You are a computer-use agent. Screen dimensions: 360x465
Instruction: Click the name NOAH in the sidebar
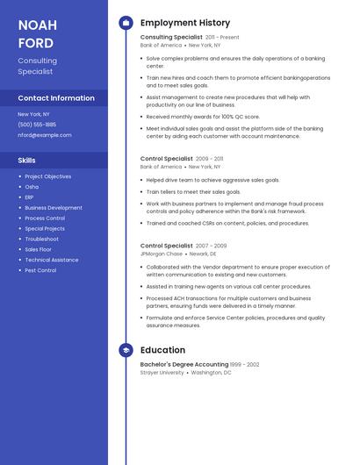click(x=37, y=25)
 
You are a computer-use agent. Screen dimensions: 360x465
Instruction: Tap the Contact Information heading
click(x=56, y=98)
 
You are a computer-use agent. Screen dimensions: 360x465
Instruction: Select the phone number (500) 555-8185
click(x=37, y=125)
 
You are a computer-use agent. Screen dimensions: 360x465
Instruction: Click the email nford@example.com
click(x=45, y=135)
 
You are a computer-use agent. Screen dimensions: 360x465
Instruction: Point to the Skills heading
click(x=27, y=161)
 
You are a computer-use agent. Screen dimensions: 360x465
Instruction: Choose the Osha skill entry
click(x=32, y=187)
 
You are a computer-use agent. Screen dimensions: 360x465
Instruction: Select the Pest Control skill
click(x=40, y=270)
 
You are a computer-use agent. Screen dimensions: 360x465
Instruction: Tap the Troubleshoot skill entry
click(x=42, y=239)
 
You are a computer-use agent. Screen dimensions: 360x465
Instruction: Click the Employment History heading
click(x=185, y=23)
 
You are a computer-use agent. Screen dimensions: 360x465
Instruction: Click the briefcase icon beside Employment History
click(x=125, y=23)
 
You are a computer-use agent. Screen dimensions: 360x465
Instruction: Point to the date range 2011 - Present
click(x=222, y=38)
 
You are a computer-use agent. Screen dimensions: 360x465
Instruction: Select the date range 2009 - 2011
click(x=209, y=160)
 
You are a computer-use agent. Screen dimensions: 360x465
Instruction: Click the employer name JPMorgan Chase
click(x=162, y=254)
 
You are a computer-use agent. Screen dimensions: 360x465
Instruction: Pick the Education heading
click(x=162, y=350)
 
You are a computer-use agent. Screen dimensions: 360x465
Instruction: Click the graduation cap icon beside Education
click(x=125, y=350)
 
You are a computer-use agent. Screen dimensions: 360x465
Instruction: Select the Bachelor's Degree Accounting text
click(x=184, y=364)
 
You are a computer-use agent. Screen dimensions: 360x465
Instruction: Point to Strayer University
click(x=162, y=372)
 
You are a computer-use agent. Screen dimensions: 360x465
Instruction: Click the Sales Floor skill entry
click(x=39, y=249)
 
